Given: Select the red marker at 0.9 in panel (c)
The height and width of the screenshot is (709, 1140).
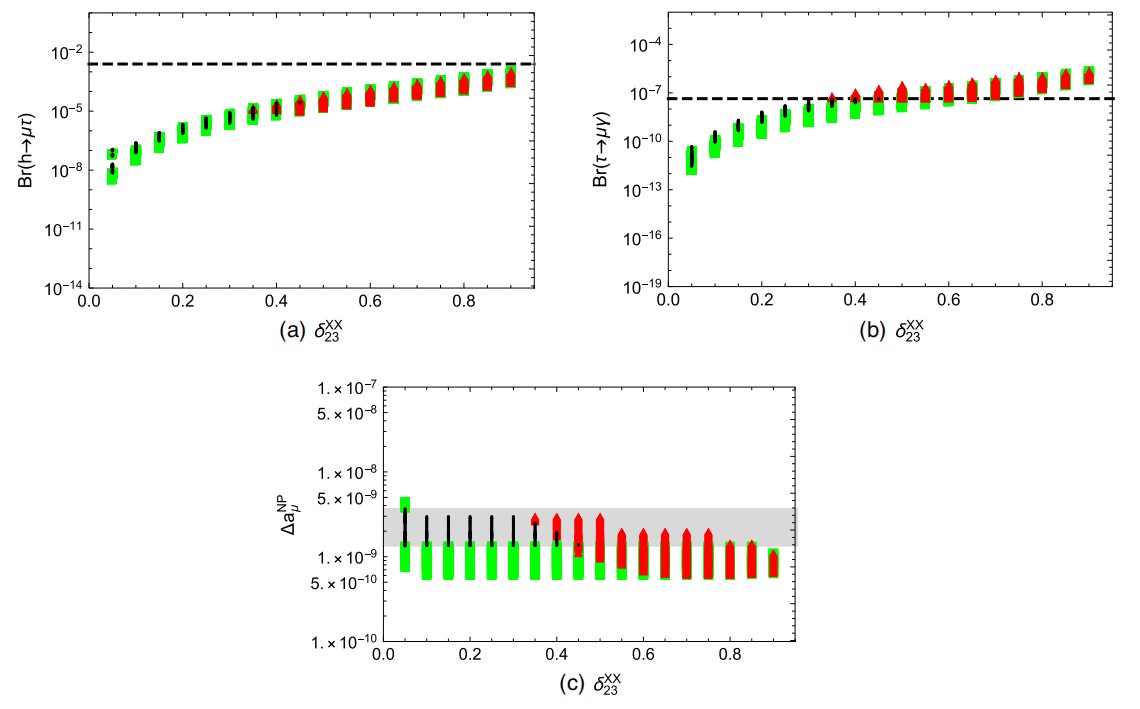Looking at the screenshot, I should click(x=773, y=563).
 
